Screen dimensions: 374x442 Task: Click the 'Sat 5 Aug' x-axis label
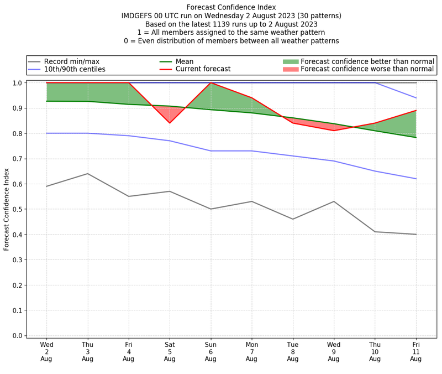pyautogui.click(x=170, y=351)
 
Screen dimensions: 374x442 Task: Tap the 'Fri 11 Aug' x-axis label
pyautogui.click(x=416, y=351)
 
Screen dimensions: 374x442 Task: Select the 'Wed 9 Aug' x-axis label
pyautogui.click(x=334, y=351)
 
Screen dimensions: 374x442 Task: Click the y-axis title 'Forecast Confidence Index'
pyautogui.click(x=7, y=209)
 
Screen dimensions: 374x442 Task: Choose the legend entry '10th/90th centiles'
pyautogui.click(x=75, y=69)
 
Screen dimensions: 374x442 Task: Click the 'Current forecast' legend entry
pyautogui.click(x=203, y=69)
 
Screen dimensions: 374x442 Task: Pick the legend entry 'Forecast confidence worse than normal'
pyautogui.click(x=367, y=69)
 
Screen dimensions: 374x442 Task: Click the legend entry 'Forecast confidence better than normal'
pyautogui.click(x=367, y=61)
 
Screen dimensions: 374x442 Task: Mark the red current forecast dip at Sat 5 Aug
pyautogui.click(x=170, y=123)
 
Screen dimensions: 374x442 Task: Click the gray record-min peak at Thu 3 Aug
pyautogui.click(x=87, y=174)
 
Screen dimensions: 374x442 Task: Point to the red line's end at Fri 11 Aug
pyautogui.click(x=416, y=111)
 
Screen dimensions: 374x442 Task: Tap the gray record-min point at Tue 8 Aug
pyautogui.click(x=293, y=219)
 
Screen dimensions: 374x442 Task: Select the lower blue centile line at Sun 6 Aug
pyautogui.click(x=211, y=151)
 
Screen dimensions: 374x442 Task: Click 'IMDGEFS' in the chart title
pyautogui.click(x=139, y=16)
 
